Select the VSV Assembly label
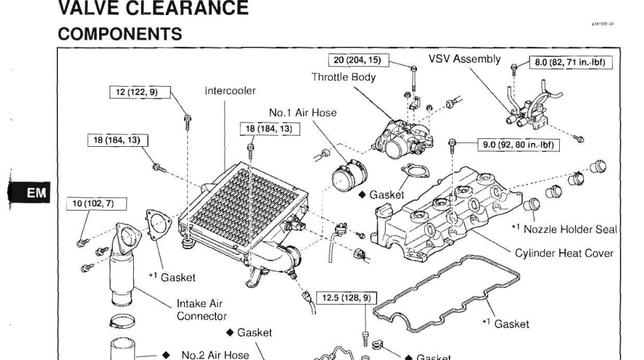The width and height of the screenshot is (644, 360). click(465, 59)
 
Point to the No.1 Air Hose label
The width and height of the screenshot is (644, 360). click(302, 112)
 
